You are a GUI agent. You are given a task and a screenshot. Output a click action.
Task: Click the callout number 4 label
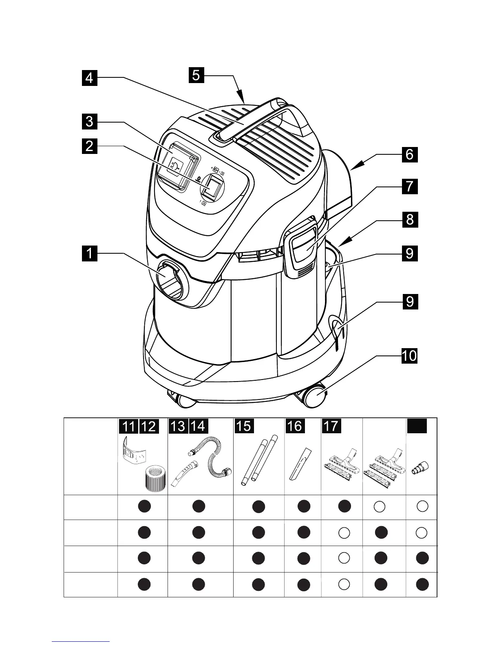(89, 77)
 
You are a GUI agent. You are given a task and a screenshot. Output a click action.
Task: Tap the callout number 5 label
(196, 75)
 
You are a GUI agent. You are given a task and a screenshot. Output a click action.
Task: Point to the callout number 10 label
(409, 355)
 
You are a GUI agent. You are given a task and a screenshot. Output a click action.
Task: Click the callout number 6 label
(409, 154)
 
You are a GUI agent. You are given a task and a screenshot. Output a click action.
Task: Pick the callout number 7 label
(409, 186)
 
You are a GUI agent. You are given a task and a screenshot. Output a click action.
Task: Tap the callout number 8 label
(409, 219)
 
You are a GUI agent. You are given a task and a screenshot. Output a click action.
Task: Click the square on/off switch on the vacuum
(213, 187)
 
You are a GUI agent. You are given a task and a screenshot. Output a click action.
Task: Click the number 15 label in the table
(244, 426)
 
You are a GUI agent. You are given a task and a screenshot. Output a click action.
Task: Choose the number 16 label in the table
(294, 426)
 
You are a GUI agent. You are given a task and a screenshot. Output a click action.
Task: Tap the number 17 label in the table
(331, 426)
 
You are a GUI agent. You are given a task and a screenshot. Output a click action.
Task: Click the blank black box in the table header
(417, 426)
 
